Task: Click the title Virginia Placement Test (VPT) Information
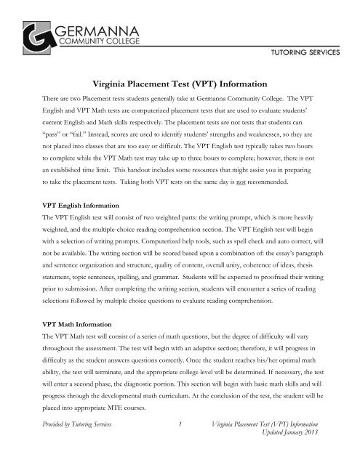click(180, 84)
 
